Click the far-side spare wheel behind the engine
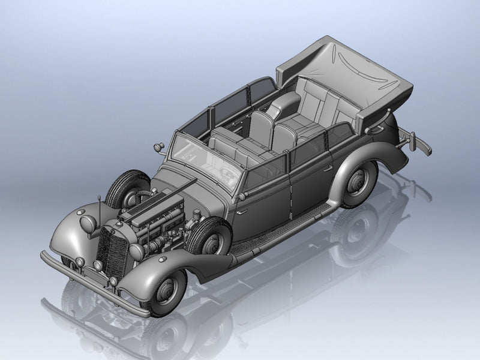coord(127,186)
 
